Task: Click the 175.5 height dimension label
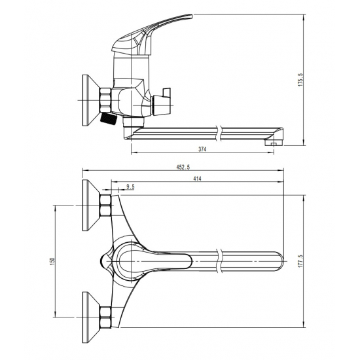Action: (301, 80)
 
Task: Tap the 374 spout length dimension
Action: (202, 149)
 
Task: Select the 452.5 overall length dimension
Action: (183, 167)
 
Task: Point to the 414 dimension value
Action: (197, 179)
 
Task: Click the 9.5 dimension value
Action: (130, 187)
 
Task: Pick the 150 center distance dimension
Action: (53, 261)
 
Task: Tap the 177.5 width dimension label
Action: (301, 261)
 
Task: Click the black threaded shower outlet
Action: (108, 118)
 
